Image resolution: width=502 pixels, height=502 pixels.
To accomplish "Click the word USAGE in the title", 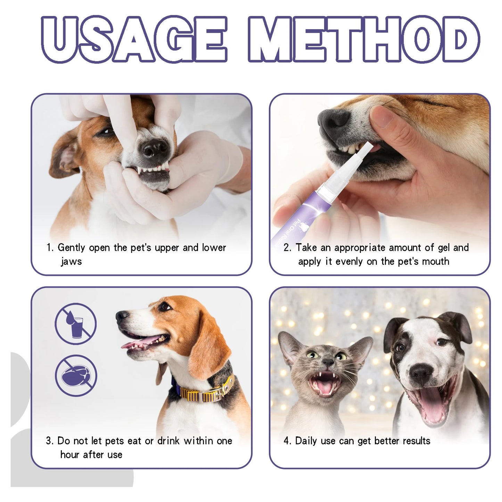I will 134,39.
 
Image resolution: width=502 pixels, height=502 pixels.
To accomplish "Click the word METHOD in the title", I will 364,39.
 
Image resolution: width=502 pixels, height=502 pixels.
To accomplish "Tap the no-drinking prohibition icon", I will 75,323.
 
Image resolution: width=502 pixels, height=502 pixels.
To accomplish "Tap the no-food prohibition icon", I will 76,376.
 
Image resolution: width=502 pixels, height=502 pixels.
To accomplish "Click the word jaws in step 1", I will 71,261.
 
